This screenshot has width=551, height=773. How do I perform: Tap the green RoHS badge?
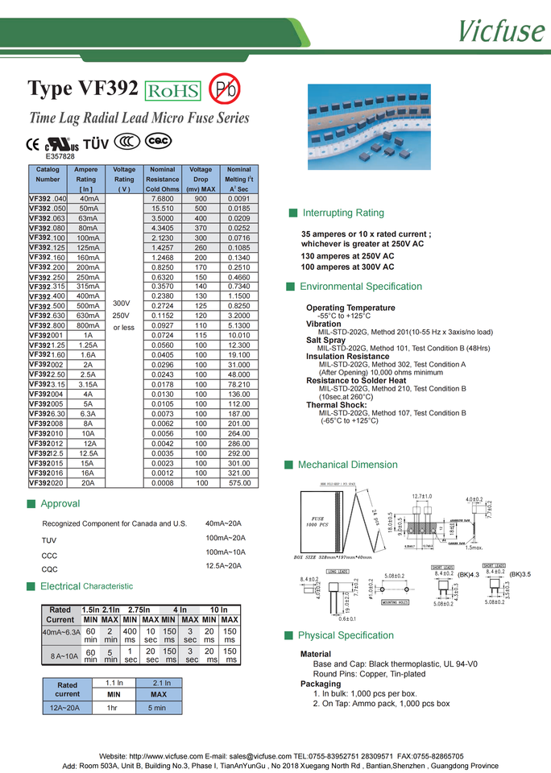tap(172, 90)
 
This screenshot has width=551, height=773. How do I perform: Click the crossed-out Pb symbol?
tap(224, 89)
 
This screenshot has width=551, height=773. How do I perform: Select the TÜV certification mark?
tap(96, 143)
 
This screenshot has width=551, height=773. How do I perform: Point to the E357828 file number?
tap(60, 156)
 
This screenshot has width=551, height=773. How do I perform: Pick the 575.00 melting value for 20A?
tap(238, 482)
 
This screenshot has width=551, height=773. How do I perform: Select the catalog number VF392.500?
tap(48, 306)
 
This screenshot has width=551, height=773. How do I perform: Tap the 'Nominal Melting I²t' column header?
tap(238, 179)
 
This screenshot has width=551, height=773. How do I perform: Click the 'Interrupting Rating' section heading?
tap(342, 213)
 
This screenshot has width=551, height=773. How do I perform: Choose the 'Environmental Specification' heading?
tap(360, 287)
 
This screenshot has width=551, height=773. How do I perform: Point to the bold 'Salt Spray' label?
tap(325, 341)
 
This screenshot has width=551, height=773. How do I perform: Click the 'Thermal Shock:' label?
tap(336, 405)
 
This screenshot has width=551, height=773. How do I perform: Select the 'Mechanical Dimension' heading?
tap(347, 465)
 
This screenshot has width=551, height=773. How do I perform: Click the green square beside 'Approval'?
tap(31, 504)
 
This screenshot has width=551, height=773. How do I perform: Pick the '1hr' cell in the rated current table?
tap(113, 708)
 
